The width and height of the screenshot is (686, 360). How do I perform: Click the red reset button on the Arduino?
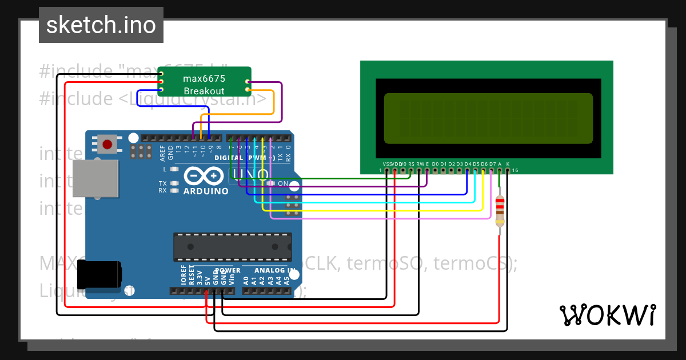(x=107, y=143)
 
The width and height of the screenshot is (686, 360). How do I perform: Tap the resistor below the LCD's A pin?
(x=500, y=210)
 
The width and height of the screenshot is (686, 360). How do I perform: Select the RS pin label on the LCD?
(x=411, y=164)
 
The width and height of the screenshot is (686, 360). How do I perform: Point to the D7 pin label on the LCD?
(x=492, y=164)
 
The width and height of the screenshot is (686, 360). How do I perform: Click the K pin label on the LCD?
(x=508, y=164)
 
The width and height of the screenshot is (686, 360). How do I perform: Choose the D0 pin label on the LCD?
(x=435, y=164)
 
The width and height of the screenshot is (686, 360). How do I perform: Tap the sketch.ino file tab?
(x=101, y=25)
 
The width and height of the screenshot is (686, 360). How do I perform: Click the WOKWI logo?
(x=607, y=315)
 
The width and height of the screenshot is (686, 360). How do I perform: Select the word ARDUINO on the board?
(x=206, y=191)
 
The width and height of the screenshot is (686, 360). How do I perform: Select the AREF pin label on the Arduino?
(x=162, y=151)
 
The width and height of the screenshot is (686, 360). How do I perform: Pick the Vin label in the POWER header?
(x=232, y=279)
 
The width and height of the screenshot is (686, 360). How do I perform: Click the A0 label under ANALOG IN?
(x=246, y=280)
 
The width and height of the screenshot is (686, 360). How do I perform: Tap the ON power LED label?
(x=282, y=183)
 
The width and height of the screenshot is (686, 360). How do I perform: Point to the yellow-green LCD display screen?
(x=488, y=118)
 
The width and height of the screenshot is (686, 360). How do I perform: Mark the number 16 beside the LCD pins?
(x=515, y=170)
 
